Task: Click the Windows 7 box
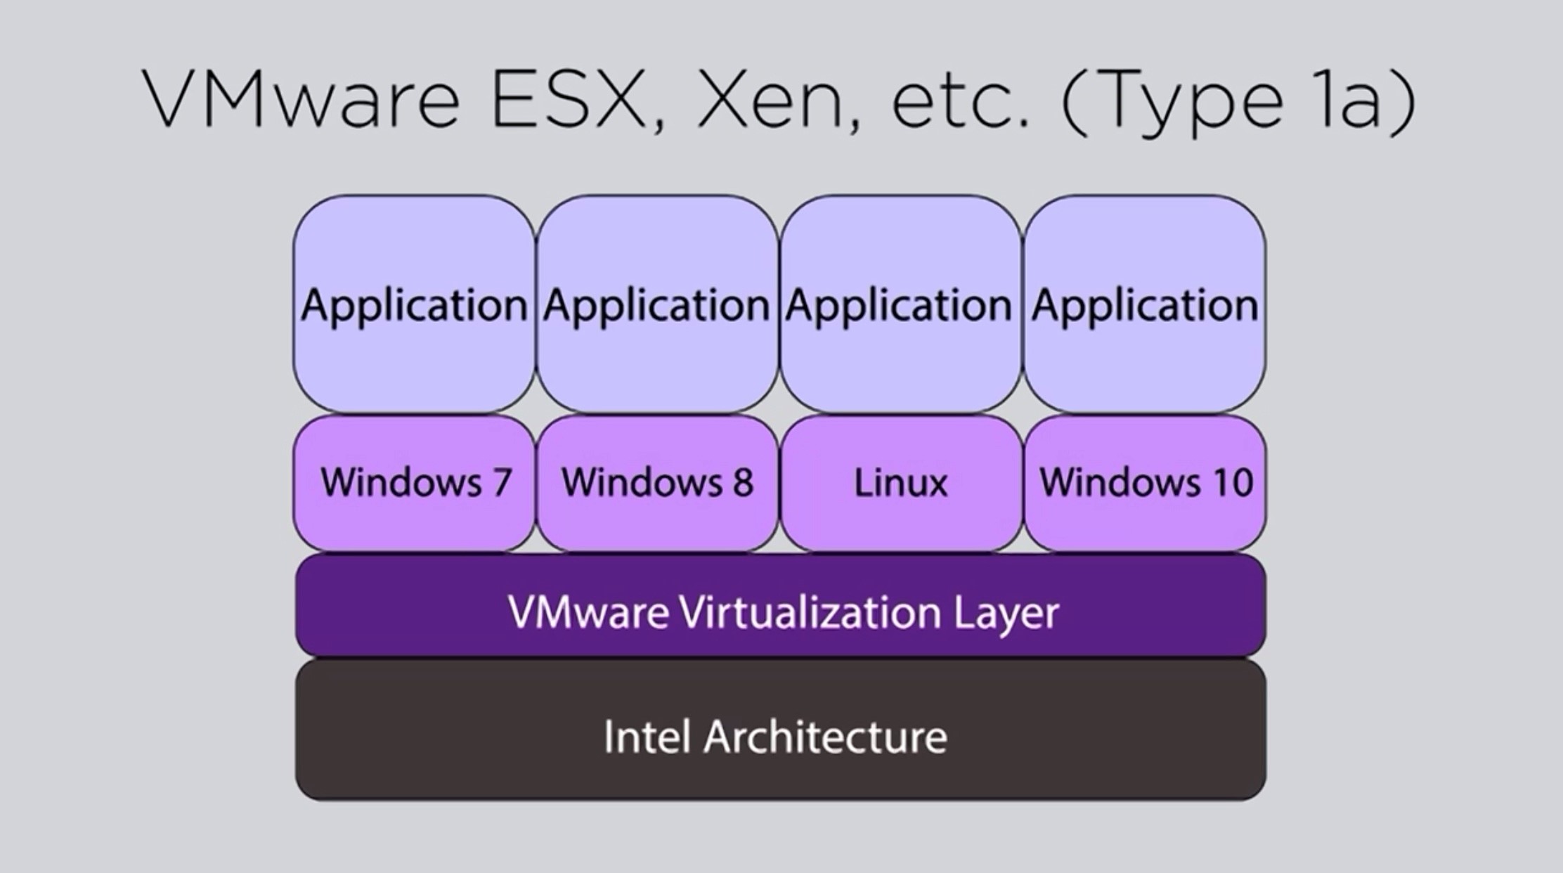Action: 415,483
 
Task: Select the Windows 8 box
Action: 657,483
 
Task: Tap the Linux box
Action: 900,483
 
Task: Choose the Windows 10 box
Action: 1145,483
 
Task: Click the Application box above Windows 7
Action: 414,304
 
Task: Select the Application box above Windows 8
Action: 656,304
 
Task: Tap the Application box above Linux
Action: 900,304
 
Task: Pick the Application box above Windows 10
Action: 1145,304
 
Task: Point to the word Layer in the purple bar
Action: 1006,614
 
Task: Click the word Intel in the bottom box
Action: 647,737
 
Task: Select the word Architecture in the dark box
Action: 825,737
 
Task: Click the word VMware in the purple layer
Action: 588,612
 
